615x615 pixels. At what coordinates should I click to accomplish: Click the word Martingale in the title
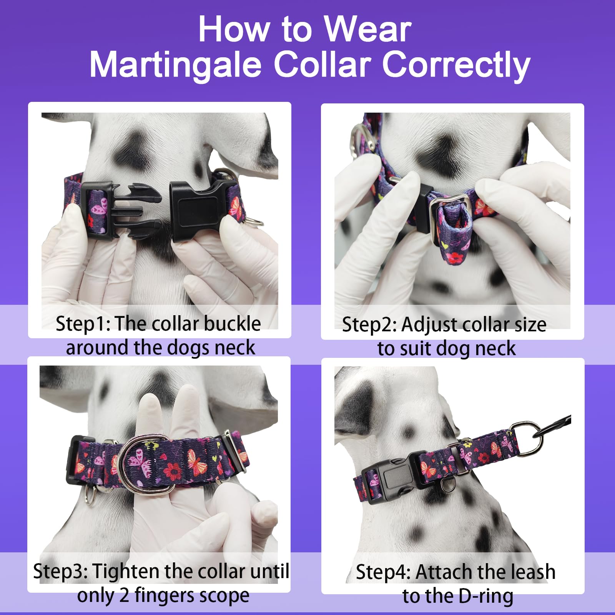(x=175, y=64)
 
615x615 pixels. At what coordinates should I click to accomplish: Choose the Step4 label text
(x=382, y=572)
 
